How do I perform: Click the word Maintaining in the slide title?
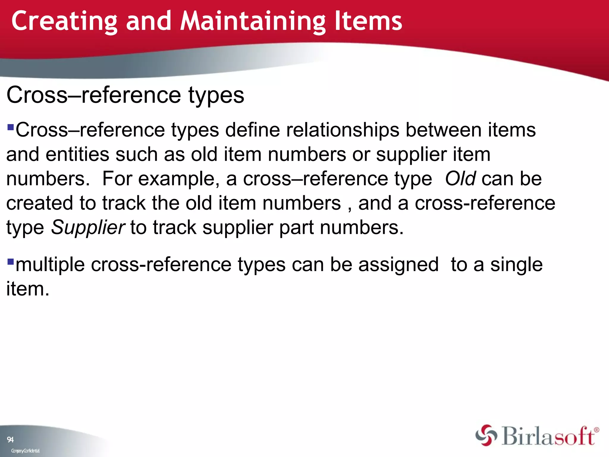[x=253, y=21]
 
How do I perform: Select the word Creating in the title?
[x=65, y=21]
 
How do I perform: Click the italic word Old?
[x=460, y=179]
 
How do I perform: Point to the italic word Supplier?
[x=88, y=228]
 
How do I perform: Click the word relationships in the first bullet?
[x=343, y=130]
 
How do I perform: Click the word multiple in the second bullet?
[x=50, y=265]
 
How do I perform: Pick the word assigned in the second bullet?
[x=398, y=265]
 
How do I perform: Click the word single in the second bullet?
[x=516, y=265]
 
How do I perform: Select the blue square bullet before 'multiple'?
[x=11, y=262]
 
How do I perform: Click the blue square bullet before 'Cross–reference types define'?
[x=11, y=127]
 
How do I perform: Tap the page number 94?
[x=10, y=439]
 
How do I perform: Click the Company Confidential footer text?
[x=25, y=451]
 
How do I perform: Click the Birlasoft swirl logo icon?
[x=486, y=435]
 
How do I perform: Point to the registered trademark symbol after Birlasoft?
[x=597, y=430]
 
